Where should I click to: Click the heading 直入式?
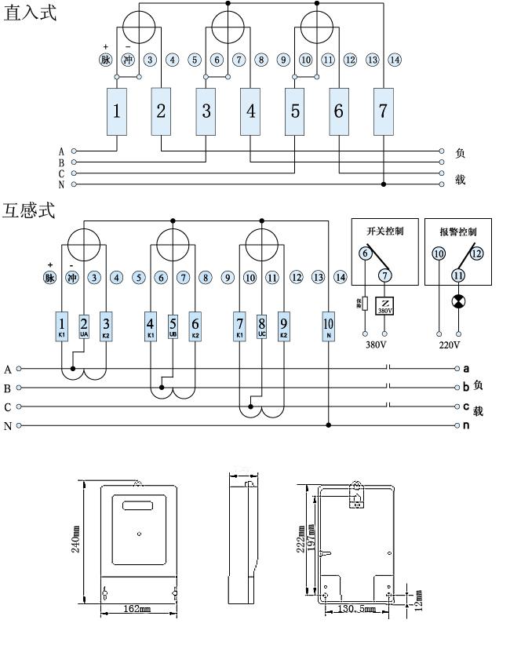[31, 15]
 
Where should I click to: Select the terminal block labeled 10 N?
[329, 326]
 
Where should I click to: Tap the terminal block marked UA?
[84, 326]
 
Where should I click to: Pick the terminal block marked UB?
[173, 326]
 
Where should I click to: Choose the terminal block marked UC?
[261, 326]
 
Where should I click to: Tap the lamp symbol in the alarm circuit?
[458, 302]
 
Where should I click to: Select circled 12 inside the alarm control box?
[477, 253]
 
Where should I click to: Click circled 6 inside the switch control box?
[364, 253]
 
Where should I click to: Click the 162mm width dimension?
[137, 609]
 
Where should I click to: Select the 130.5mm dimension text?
[356, 609]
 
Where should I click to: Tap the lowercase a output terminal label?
[467, 368]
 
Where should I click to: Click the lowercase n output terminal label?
[467, 425]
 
